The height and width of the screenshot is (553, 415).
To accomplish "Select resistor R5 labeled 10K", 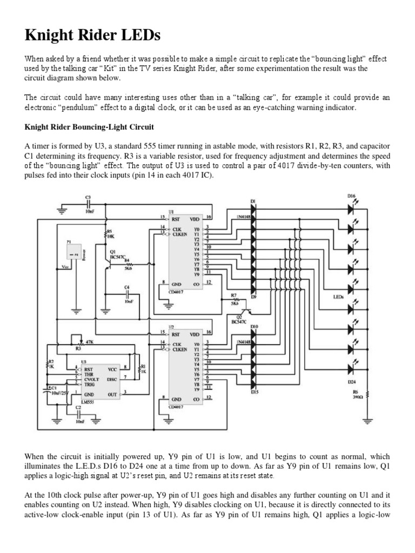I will tap(106, 234).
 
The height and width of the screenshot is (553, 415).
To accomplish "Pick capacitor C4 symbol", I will tap(128, 294).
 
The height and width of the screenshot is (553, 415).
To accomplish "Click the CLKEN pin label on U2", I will tap(180, 349).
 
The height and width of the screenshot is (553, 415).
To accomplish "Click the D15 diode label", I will tap(255, 392).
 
